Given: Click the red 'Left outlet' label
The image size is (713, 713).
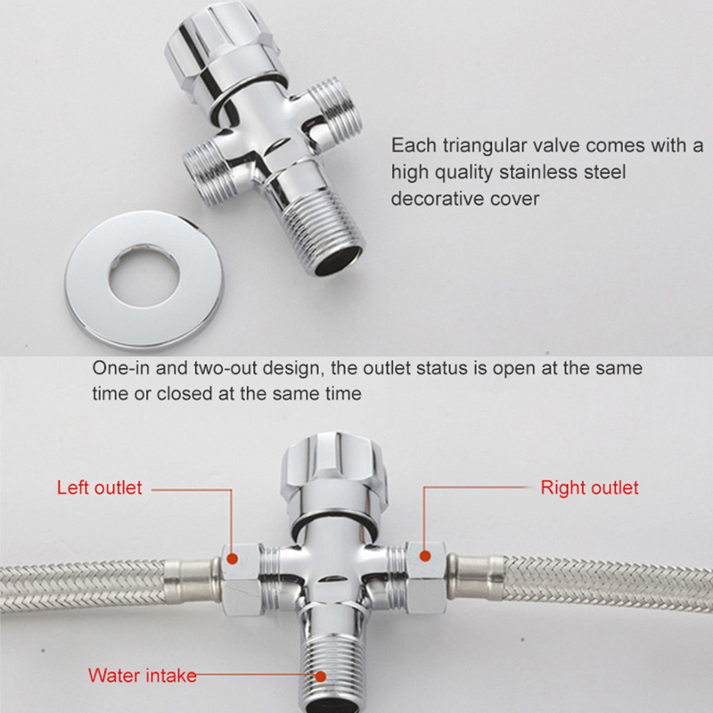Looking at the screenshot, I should (x=99, y=488).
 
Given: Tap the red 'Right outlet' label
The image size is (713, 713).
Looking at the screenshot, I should (x=589, y=488).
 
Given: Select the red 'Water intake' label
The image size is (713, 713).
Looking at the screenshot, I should (x=142, y=676).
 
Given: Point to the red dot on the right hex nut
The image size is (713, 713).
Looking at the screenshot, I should (x=424, y=555).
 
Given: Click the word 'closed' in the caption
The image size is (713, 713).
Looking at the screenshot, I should (x=187, y=393).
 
